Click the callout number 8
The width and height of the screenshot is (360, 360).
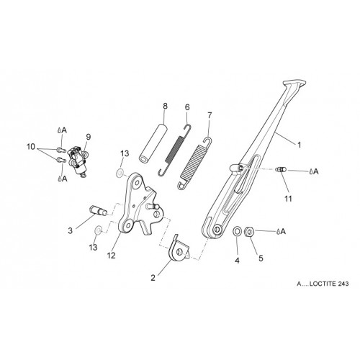(165, 106)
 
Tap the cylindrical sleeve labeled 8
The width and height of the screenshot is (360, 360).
(153, 143)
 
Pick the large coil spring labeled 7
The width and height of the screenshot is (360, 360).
(195, 163)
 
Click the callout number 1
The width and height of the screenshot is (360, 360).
(299, 145)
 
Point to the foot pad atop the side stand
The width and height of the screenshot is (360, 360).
(294, 84)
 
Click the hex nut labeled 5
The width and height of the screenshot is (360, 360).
(249, 232)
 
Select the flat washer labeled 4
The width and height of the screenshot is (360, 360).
(237, 231)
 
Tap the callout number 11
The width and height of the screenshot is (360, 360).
(288, 199)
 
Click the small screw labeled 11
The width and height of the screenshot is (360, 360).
(281, 170)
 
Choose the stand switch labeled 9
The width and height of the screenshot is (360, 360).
(77, 161)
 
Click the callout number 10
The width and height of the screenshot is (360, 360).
(31, 147)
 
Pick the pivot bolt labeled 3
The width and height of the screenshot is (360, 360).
(99, 210)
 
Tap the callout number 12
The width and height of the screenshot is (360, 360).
(112, 256)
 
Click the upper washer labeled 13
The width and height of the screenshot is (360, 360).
(120, 173)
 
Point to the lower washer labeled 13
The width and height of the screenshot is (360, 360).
(98, 230)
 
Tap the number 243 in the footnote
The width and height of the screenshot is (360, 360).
(343, 284)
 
